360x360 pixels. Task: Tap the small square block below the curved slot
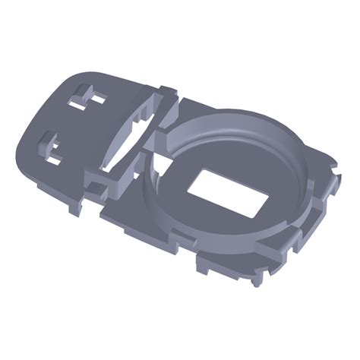pos(99,182)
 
